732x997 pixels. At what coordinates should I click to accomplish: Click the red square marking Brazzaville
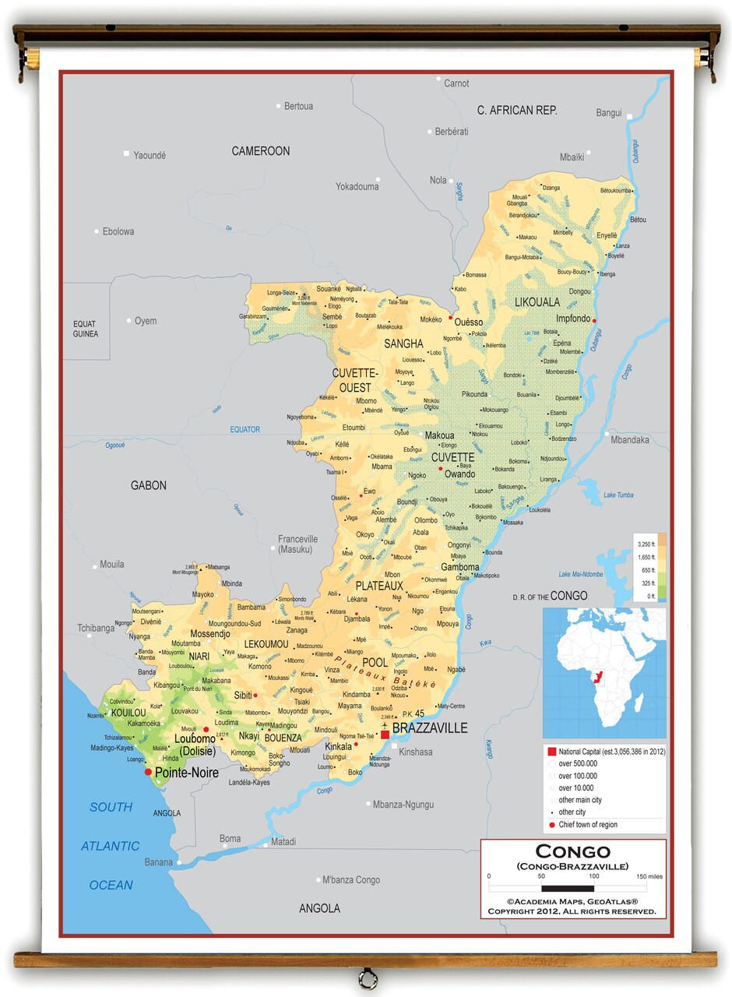385,734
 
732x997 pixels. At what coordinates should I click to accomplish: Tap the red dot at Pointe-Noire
148,772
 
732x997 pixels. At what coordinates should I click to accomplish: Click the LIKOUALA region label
537,301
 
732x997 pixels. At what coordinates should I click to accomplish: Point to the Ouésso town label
469,322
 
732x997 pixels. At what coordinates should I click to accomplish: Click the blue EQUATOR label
245,429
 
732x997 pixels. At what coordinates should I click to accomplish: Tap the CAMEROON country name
260,151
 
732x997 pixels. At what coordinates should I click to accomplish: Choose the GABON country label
148,485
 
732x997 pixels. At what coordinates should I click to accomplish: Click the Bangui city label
609,113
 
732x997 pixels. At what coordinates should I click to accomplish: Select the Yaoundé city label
150,155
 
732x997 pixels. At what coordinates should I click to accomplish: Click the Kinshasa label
415,752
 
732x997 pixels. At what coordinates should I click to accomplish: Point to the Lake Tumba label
618,495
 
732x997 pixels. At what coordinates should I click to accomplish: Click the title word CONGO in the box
573,851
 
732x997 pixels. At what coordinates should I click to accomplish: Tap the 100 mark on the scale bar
594,876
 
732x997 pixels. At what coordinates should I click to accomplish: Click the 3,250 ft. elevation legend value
646,544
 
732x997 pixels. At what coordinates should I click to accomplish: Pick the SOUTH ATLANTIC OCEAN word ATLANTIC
110,846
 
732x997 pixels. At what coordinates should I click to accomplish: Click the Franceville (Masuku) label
298,544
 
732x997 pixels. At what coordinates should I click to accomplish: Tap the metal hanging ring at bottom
366,978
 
